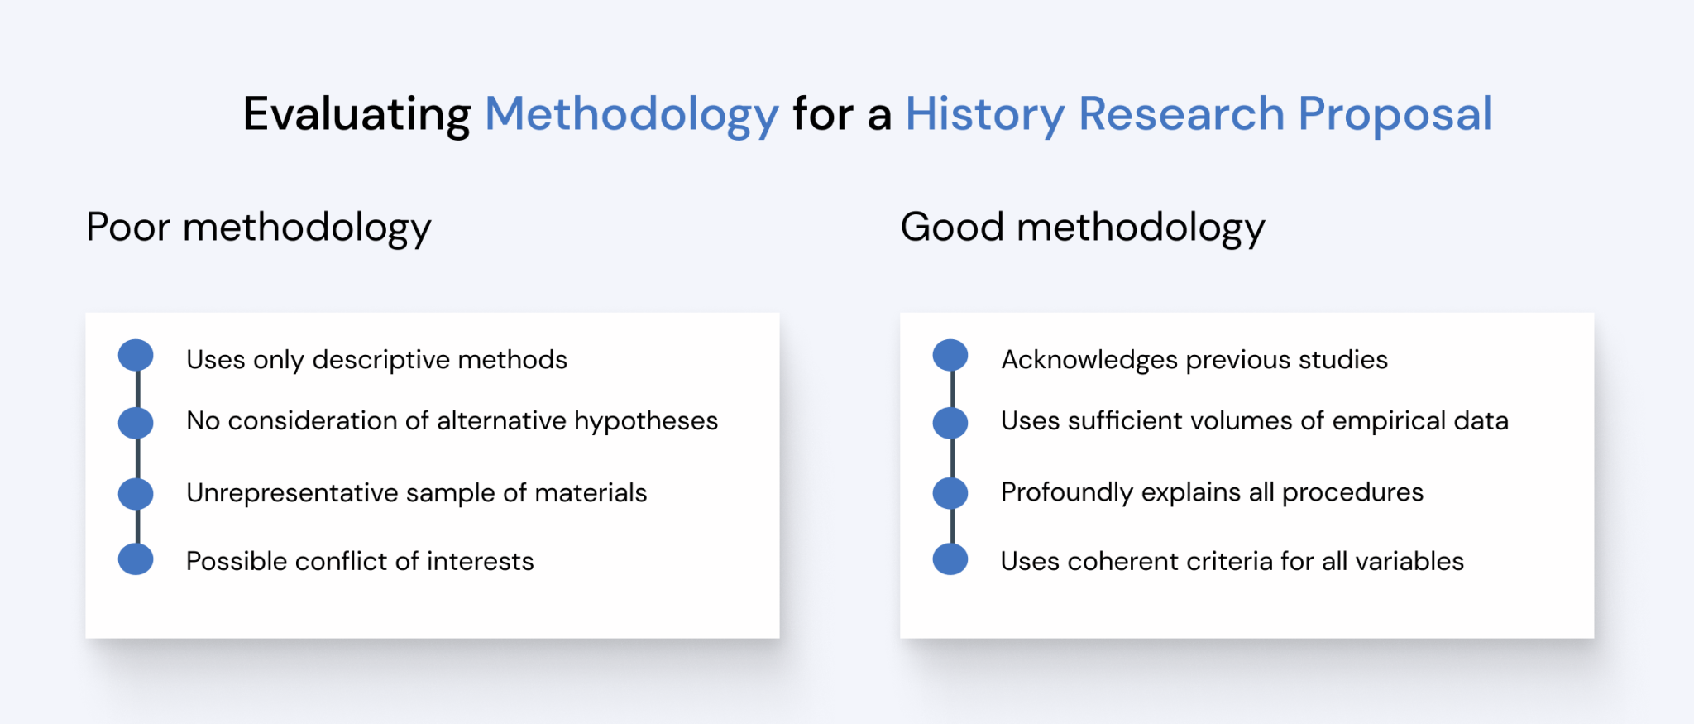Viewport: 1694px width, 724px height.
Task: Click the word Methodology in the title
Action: pyautogui.click(x=631, y=114)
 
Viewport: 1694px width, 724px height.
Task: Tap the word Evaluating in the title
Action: pyautogui.click(x=357, y=114)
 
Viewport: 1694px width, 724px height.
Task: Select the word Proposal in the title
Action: pyautogui.click(x=1395, y=114)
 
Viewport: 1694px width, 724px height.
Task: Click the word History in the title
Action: pyautogui.click(x=984, y=114)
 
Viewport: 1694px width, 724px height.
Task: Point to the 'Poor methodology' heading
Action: pyautogui.click(x=258, y=228)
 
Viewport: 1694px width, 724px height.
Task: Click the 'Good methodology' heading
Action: pyautogui.click(x=1083, y=228)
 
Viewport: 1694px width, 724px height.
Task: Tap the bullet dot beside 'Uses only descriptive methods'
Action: pyautogui.click(x=136, y=355)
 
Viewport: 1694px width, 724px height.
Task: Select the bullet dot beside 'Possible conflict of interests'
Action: pyautogui.click(x=136, y=559)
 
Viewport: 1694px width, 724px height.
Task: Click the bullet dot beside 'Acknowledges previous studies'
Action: pyautogui.click(x=950, y=355)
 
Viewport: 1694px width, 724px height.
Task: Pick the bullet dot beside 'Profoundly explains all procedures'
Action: pyautogui.click(x=950, y=493)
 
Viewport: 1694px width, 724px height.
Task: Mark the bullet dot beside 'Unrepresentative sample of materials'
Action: pyautogui.click(x=136, y=493)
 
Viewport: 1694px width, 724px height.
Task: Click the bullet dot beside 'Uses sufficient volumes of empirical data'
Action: pyautogui.click(x=950, y=423)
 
